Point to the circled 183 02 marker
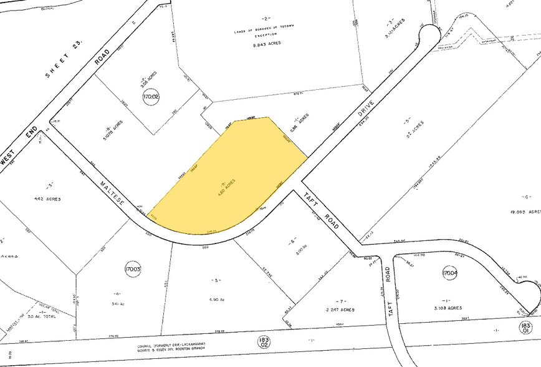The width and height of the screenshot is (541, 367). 263,341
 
